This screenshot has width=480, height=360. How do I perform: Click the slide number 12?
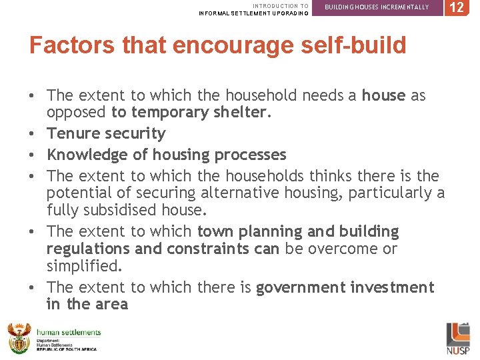457,7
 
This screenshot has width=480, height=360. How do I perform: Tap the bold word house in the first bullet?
383,96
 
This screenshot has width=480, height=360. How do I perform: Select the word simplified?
84,265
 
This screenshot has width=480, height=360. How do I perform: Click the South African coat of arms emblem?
19,337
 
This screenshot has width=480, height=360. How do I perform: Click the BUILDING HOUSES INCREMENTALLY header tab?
377,7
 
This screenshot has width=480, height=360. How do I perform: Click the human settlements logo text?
69,332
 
